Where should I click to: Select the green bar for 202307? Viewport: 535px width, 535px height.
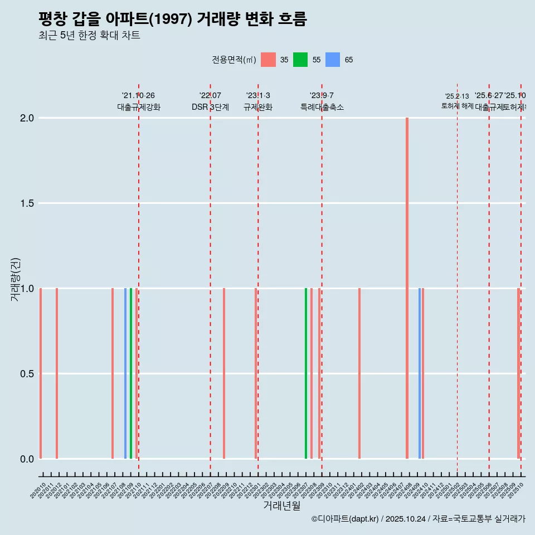pos(306,373)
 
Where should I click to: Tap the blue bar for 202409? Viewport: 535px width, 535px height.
pos(420,373)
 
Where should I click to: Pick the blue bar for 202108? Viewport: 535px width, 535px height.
pos(125,373)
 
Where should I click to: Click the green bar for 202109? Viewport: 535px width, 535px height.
pos(131,373)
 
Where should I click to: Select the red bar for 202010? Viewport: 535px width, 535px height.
pos(41,373)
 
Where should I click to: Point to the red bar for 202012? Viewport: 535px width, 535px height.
pos(57,373)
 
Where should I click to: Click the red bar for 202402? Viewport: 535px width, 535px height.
pos(359,373)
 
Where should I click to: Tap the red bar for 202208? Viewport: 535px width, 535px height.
pos(224,373)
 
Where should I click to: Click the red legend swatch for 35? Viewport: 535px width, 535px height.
pos(269,60)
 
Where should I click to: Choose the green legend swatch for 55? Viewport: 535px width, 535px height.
pos(300,60)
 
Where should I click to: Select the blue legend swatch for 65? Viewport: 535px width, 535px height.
pos(333,60)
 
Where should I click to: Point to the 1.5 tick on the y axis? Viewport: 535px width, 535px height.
pos(27,203)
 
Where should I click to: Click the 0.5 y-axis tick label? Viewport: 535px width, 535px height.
pos(27,374)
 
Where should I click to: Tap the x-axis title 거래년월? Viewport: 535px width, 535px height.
pos(281,506)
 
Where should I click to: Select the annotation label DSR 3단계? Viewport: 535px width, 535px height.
pos(210,107)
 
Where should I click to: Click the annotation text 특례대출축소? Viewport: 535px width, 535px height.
pos(322,107)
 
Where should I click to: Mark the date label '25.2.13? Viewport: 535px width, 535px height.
pos(457,96)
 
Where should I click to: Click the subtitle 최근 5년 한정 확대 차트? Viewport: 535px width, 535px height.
pos(89,36)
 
